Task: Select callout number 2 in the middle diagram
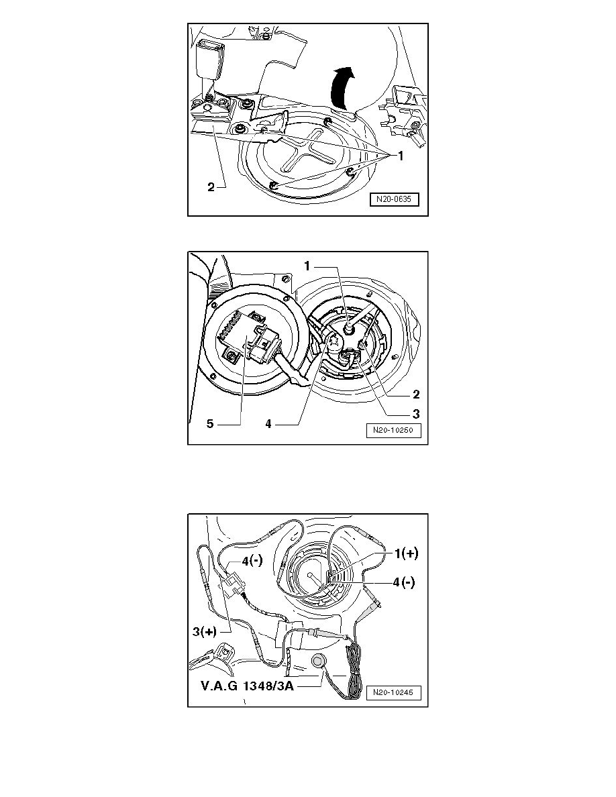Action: click(415, 394)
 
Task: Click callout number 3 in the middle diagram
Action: click(415, 413)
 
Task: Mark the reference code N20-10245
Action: click(394, 692)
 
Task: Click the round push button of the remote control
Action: click(319, 661)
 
